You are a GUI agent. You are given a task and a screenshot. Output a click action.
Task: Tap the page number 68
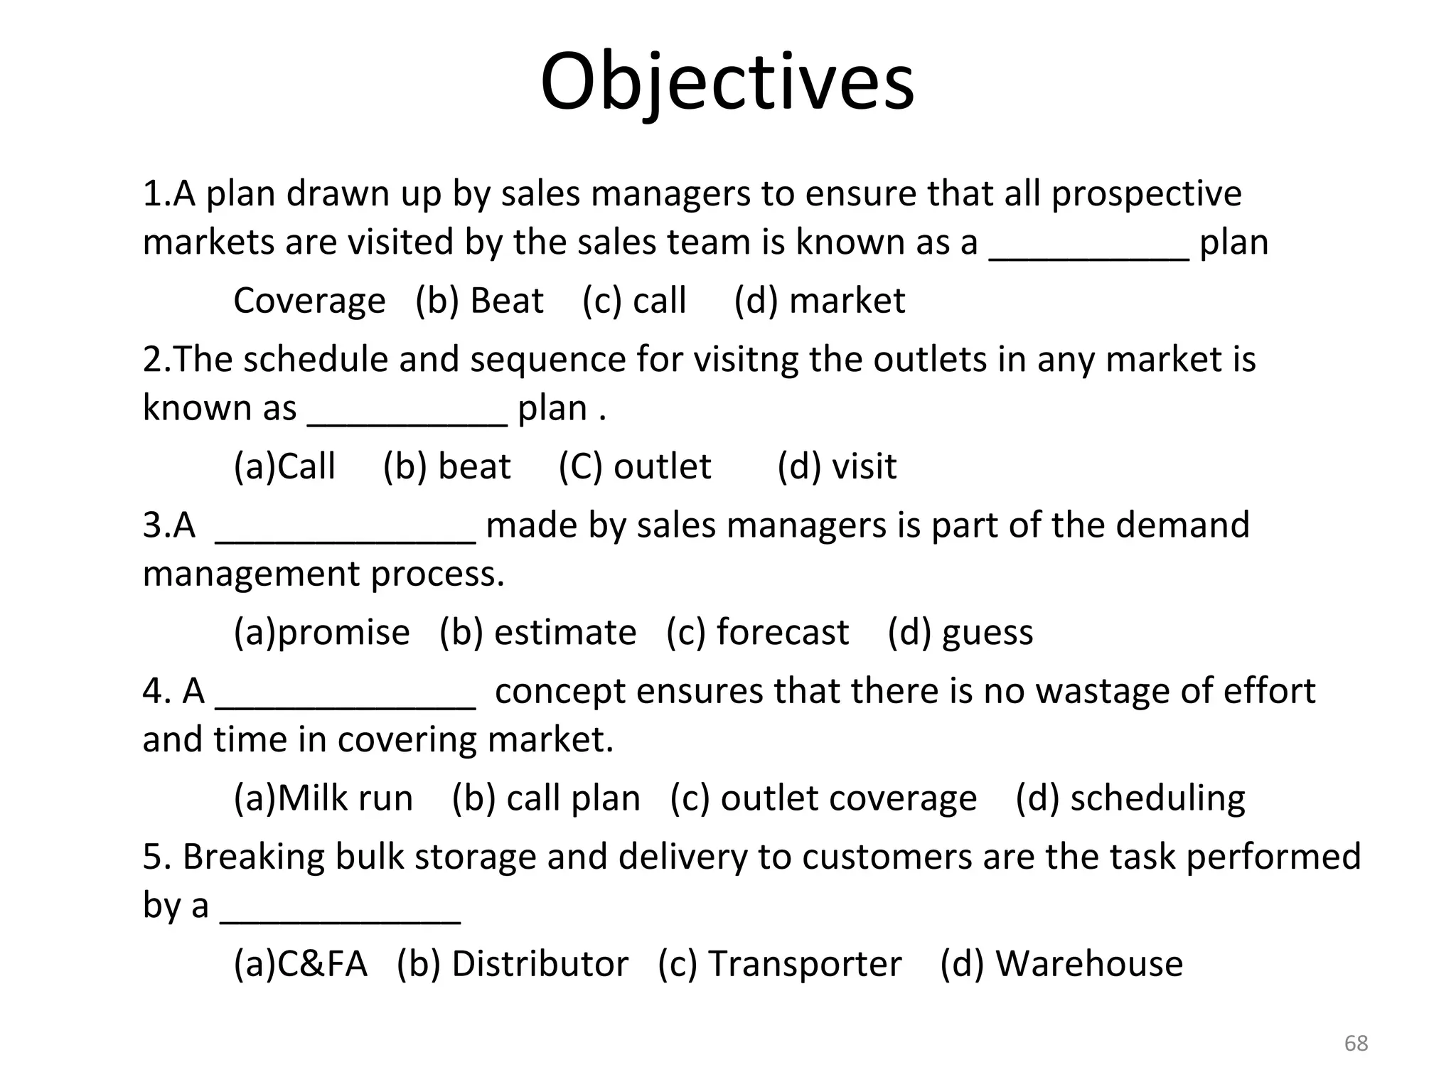[1356, 1043]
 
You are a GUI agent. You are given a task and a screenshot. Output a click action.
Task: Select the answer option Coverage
[309, 301]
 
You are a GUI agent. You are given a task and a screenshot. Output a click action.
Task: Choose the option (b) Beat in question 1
[479, 301]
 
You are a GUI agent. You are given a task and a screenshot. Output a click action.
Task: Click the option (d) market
[819, 301]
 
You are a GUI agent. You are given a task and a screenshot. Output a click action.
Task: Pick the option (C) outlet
[634, 467]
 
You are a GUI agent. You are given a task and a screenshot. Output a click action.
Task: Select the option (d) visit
[836, 467]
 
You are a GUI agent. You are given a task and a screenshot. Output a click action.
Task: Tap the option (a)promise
[321, 633]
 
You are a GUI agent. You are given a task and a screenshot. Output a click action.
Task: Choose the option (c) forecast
[757, 633]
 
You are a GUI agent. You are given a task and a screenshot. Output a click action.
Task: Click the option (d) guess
[960, 633]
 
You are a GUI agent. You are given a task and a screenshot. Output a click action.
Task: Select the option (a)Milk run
[323, 798]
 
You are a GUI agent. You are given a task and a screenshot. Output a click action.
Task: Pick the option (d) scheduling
[1130, 798]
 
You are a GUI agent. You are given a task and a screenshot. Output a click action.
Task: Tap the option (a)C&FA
[300, 965]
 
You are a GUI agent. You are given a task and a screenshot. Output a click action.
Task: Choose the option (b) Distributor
[513, 965]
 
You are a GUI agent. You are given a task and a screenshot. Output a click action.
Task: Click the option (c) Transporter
[779, 965]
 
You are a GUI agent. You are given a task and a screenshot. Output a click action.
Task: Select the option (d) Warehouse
[1061, 965]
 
